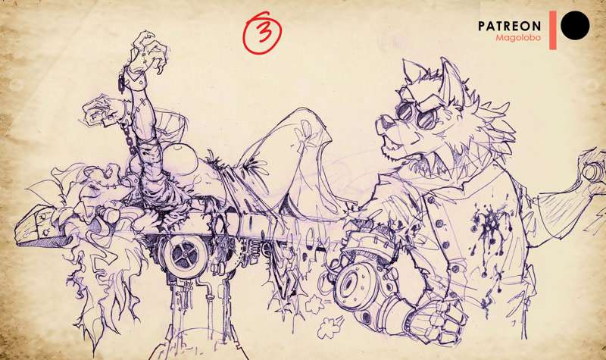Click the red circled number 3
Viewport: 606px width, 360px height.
point(261,33)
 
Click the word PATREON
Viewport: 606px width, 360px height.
point(509,26)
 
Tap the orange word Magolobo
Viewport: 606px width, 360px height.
point(518,38)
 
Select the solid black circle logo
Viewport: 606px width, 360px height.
point(575,26)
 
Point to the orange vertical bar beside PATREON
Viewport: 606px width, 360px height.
point(553,30)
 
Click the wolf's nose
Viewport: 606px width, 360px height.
point(382,124)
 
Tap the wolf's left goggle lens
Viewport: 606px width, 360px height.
point(405,111)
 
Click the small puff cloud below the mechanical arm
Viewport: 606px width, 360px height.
point(330,327)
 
